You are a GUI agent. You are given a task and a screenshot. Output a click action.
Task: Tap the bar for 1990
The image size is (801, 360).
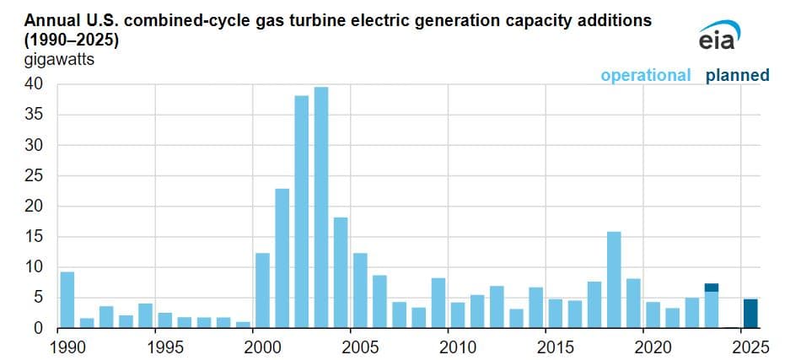[x=67, y=299]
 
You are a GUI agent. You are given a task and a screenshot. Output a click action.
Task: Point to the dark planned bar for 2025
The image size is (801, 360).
[x=750, y=313]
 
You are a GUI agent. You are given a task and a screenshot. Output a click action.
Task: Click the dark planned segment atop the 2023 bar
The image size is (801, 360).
[x=712, y=287]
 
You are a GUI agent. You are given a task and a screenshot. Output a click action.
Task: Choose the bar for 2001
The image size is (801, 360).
[x=282, y=258]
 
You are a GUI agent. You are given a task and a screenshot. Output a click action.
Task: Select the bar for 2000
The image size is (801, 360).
[x=262, y=290]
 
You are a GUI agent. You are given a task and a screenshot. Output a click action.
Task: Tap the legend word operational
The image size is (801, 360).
[x=645, y=76]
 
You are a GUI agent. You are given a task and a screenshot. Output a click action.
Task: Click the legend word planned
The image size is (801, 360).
[x=738, y=76]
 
